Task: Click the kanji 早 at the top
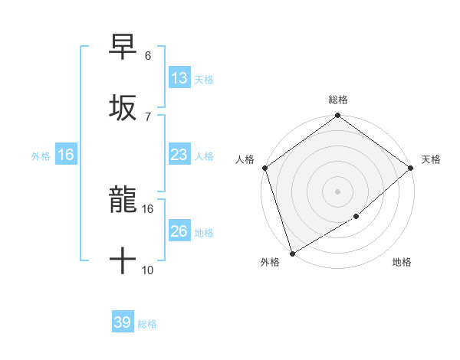123,47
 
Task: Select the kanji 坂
123,106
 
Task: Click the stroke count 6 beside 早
148,56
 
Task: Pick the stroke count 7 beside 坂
148,116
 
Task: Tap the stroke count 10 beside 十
148,270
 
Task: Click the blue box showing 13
179,78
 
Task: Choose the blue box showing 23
179,155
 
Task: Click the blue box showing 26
179,231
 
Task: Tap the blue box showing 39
123,323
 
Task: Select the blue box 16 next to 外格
66,155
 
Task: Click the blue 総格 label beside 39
147,324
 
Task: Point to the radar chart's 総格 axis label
338,100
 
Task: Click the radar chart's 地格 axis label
402,263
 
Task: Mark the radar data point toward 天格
411,168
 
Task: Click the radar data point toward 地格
356,217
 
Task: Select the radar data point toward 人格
264,168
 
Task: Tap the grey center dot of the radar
338,191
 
